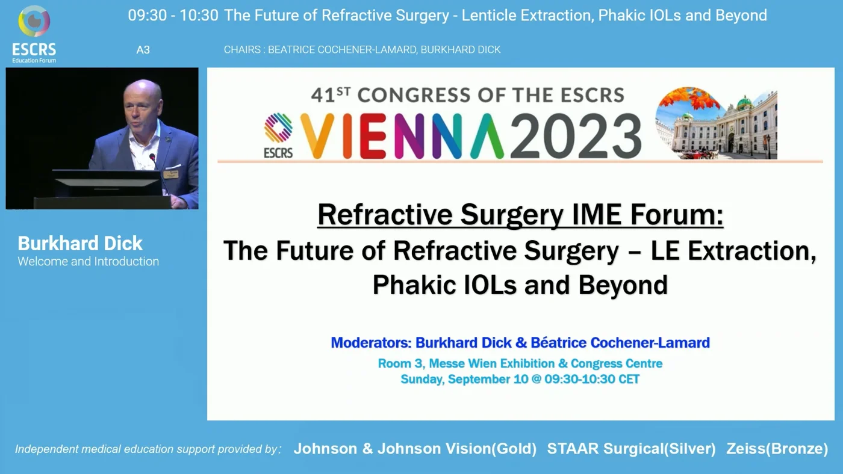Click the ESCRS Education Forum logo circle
pyautogui.click(x=34, y=21)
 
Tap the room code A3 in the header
pyautogui.click(x=143, y=50)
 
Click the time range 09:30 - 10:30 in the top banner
pyautogui.click(x=173, y=16)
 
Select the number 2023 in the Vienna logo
pyautogui.click(x=576, y=137)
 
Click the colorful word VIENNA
pyautogui.click(x=402, y=136)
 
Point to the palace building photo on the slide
pyautogui.click(x=717, y=123)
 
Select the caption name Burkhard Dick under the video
pyautogui.click(x=80, y=244)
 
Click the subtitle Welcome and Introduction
pyautogui.click(x=89, y=261)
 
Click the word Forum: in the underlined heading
pyautogui.click(x=677, y=215)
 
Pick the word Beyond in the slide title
pyautogui.click(x=623, y=285)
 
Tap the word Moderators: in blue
pyautogui.click(x=371, y=343)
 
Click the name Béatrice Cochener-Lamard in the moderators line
pyautogui.click(x=620, y=343)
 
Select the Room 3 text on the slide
pyautogui.click(x=401, y=363)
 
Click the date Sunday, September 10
pyautogui.click(x=464, y=380)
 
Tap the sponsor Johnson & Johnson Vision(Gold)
pyautogui.click(x=415, y=449)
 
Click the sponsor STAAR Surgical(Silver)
pyautogui.click(x=632, y=449)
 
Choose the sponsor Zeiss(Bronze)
pyautogui.click(x=777, y=449)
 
